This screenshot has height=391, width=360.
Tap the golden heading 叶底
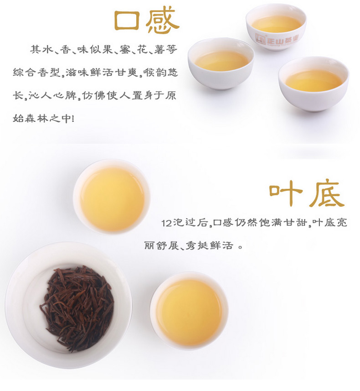[307, 193]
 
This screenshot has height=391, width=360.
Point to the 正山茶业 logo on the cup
[277, 39]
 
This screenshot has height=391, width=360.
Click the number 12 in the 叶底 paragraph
[166, 223]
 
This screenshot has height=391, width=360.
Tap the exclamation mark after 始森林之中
[73, 118]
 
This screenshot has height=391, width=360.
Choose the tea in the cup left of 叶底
[112, 199]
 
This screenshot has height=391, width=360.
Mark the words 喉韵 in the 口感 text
[154, 73]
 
